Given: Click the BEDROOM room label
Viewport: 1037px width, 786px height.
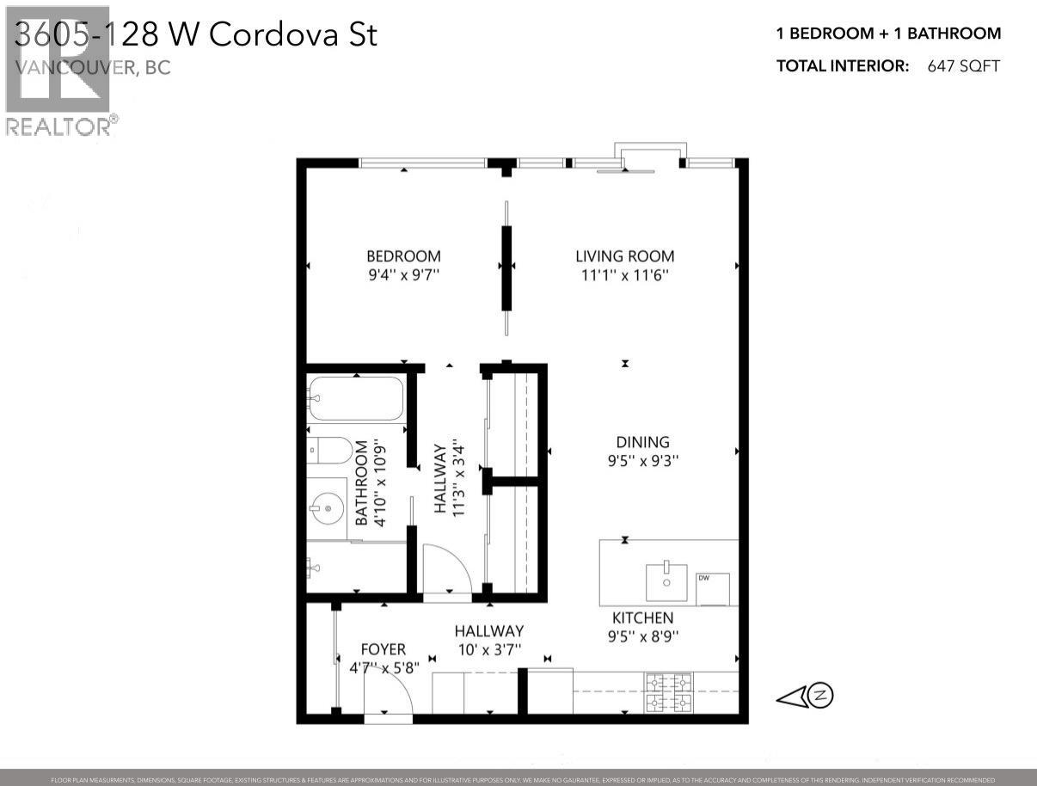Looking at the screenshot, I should (403, 256).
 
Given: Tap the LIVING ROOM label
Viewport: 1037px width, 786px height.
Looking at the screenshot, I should (624, 256).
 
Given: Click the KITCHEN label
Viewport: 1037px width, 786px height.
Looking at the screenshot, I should (642, 617).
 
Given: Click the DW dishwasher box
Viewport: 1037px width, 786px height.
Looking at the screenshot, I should (712, 588).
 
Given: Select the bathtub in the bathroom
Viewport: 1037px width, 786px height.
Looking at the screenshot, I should (356, 398).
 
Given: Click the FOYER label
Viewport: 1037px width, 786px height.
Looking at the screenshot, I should (383, 649).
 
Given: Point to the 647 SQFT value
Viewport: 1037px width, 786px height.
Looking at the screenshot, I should (963, 66).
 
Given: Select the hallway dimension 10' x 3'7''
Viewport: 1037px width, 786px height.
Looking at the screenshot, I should (488, 650).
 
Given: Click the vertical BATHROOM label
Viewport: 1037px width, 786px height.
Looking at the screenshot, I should (361, 483).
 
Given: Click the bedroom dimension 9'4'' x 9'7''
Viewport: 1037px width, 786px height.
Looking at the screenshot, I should (403, 275).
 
